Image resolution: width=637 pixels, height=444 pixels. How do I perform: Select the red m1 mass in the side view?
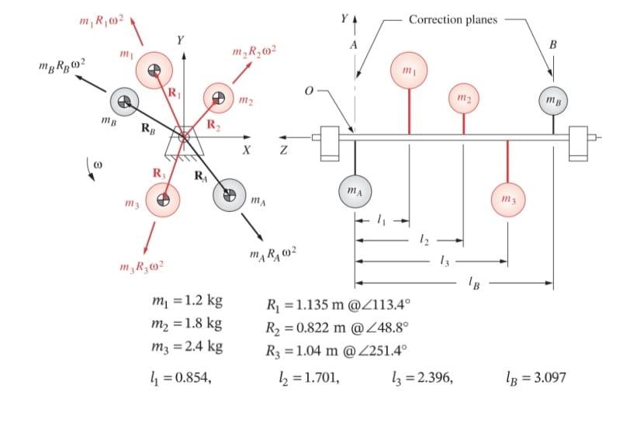point(409,71)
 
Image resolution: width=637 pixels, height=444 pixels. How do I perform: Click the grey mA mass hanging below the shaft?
point(355,190)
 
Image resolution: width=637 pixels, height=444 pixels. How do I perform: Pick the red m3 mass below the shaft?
point(507,203)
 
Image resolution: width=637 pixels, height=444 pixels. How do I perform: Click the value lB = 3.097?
point(535,378)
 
